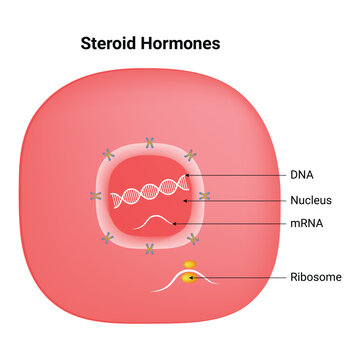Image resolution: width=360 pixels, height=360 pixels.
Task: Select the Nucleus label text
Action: click(311, 200)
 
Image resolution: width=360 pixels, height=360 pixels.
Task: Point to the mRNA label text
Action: click(306, 224)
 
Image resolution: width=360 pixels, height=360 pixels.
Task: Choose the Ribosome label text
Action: click(316, 277)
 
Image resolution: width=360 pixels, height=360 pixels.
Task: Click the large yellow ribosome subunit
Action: click(188, 277)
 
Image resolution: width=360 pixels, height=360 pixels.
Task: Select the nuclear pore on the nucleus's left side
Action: click(96, 196)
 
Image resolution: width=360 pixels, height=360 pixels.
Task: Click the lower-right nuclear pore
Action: click(192, 235)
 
